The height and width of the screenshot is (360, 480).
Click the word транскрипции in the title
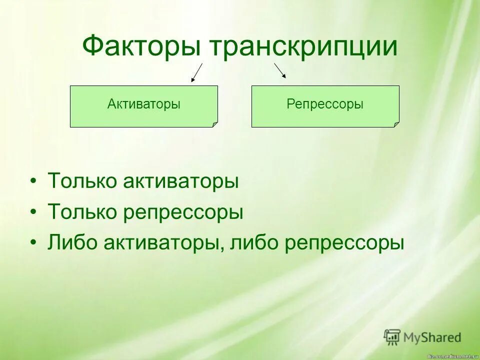click(x=303, y=47)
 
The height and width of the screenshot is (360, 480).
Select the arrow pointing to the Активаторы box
click(x=197, y=72)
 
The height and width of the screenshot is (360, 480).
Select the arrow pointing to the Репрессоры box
click(x=280, y=70)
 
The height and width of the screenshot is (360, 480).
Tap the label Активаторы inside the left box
click(x=144, y=104)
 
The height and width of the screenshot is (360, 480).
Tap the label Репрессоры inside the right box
click(x=325, y=104)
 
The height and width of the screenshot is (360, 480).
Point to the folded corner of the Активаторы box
click(x=215, y=124)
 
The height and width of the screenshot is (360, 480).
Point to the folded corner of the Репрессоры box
click(x=396, y=124)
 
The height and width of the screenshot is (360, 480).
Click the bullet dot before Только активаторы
click(x=33, y=181)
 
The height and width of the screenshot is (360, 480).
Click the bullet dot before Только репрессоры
click(x=33, y=212)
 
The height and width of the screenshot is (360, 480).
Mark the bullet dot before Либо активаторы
click(x=33, y=243)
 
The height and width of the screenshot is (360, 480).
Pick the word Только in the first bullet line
click(x=82, y=181)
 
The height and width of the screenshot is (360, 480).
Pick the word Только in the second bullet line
click(x=82, y=212)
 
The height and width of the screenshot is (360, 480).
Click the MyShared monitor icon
click(x=392, y=337)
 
